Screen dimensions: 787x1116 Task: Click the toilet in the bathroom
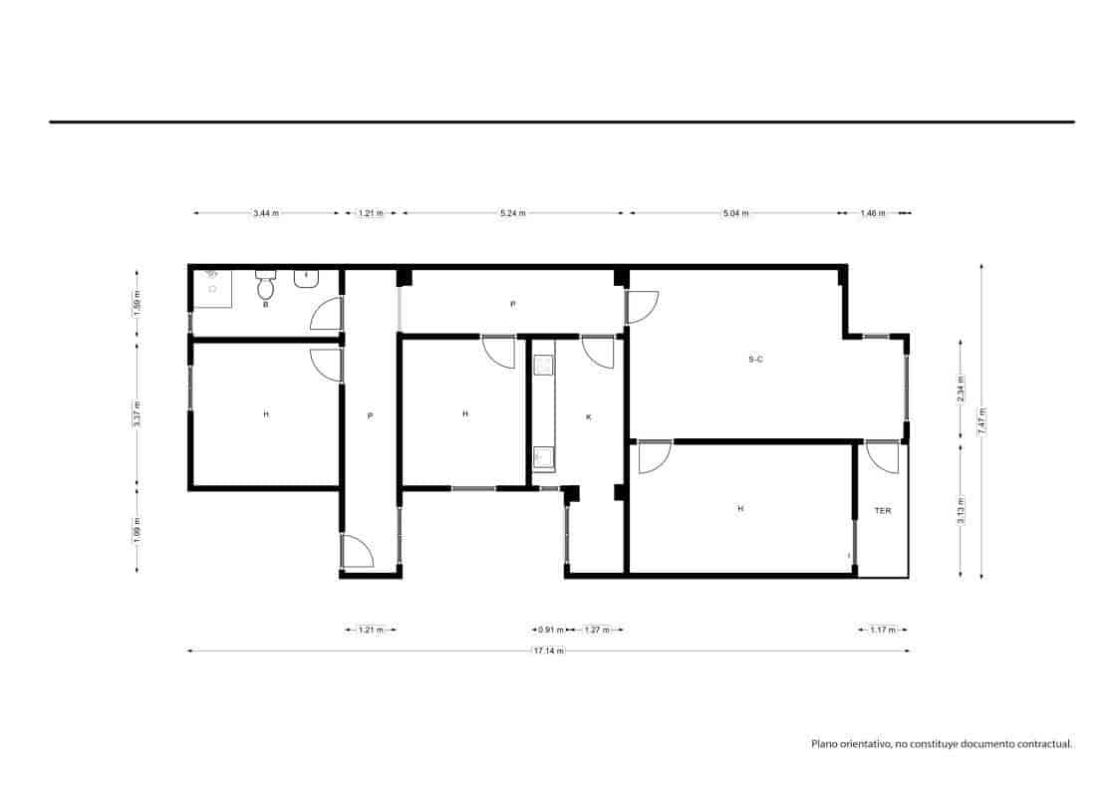(x=265, y=288)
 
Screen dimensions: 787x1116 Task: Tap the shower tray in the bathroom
(x=212, y=288)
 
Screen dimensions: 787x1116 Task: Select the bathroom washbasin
(x=306, y=278)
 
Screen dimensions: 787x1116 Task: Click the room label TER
(x=883, y=510)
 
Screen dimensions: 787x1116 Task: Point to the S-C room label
(x=755, y=359)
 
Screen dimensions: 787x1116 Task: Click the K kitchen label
(x=588, y=416)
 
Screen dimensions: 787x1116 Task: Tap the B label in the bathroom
(x=265, y=305)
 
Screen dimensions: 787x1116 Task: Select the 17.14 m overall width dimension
(x=548, y=652)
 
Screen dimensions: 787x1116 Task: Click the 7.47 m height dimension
(x=982, y=420)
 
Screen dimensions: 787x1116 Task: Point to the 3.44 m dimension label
(x=266, y=213)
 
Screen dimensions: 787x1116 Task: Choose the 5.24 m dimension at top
(x=513, y=213)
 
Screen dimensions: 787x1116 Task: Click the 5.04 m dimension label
(x=735, y=213)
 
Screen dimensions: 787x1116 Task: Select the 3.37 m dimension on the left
(x=138, y=412)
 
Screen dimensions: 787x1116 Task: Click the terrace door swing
(x=883, y=456)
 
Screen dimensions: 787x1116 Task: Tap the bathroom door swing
(x=325, y=315)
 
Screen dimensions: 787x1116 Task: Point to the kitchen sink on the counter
(x=543, y=457)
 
